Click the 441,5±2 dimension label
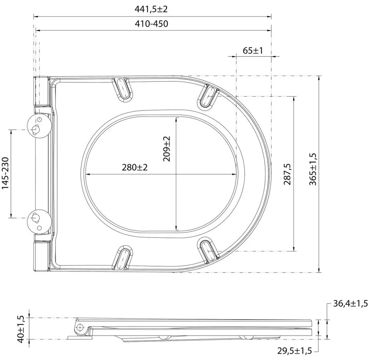(153, 9)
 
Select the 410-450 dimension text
(153, 24)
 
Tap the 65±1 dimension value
(253, 50)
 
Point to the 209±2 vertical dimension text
(167, 149)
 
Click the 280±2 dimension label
(135, 167)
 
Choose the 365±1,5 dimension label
(313, 170)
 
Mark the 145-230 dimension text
(5, 174)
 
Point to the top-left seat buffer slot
(123, 89)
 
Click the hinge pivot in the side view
(79, 328)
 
